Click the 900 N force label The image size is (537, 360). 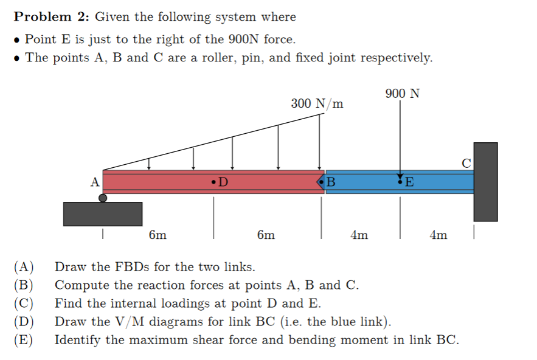pyautogui.click(x=402, y=94)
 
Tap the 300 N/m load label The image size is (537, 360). pyautogui.click(x=317, y=103)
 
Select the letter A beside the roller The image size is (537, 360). pyautogui.click(x=94, y=181)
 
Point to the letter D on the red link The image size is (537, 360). pyautogui.click(x=223, y=181)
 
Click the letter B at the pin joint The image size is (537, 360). pyautogui.click(x=331, y=181)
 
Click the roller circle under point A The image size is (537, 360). pyautogui.click(x=103, y=198)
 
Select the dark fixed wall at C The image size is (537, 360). pyautogui.click(x=485, y=181)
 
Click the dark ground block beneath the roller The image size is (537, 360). pyautogui.click(x=103, y=213)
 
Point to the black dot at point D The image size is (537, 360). pyautogui.click(x=213, y=181)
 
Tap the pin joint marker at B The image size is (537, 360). pyautogui.click(x=320, y=181)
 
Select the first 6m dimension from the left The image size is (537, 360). pyautogui.click(x=158, y=235)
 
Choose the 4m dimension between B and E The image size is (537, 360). pyautogui.click(x=359, y=235)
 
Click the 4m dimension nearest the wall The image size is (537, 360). pyautogui.click(x=438, y=235)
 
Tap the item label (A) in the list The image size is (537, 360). pyautogui.click(x=24, y=267)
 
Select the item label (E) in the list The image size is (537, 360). pyautogui.click(x=24, y=339)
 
